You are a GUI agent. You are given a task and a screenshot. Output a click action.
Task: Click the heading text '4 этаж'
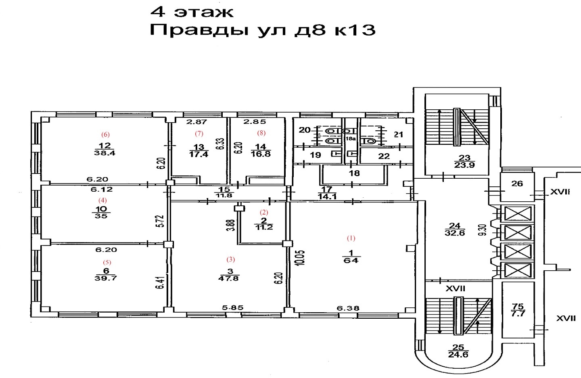coord(192,12)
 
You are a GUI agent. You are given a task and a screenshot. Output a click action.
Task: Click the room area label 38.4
coord(104,153)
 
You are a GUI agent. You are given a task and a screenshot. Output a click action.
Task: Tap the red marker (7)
coord(199,134)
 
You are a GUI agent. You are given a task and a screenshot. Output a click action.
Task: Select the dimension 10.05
coord(301,258)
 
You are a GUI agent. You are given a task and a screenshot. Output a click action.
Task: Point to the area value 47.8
coord(228,278)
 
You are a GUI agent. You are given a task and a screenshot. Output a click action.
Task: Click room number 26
coord(517,184)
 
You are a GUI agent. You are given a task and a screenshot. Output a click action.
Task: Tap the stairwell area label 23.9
coord(464,165)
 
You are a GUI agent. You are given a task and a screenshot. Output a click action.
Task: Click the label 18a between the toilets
coord(350,139)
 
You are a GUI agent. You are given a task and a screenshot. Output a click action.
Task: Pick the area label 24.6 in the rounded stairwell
coord(458,355)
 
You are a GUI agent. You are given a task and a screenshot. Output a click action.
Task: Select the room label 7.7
coord(518,313)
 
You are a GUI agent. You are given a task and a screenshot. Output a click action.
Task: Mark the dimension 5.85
coord(233,308)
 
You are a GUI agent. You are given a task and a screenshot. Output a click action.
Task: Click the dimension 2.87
coord(197,121)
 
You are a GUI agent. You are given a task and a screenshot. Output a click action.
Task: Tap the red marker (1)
coord(351,238)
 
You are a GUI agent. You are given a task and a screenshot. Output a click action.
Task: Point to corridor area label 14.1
coord(327,196)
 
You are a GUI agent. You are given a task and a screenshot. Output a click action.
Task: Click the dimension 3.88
coord(232,225)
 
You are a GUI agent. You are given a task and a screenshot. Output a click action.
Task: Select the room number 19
coord(316,155)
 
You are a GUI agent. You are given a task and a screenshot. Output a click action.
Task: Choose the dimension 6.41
coord(161,283)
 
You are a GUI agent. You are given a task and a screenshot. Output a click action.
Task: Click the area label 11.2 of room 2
coord(263,228)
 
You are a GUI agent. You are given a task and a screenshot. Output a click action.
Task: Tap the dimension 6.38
coord(348,308)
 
